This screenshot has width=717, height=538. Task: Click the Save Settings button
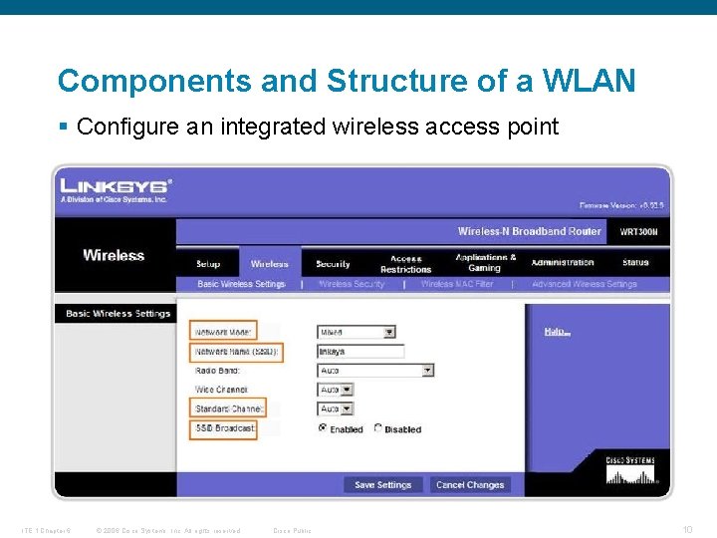[x=383, y=485]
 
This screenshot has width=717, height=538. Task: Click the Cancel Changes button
[x=470, y=485]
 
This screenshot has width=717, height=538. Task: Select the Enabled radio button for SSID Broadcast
[x=323, y=428]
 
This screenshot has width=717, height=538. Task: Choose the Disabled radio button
[x=378, y=428]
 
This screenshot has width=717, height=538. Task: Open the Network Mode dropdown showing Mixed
[x=357, y=332]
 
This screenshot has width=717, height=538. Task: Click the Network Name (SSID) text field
[x=360, y=352]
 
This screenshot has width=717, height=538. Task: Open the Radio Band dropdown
[x=375, y=370]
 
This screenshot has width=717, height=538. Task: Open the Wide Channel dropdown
[x=336, y=390]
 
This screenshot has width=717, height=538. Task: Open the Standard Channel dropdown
[x=336, y=408]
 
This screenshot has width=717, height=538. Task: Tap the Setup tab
[x=208, y=264]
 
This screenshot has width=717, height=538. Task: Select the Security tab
[x=333, y=264]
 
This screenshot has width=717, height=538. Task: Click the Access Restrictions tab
[x=405, y=264]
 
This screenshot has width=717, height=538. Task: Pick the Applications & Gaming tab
[x=485, y=263]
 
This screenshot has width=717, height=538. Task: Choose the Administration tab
[x=563, y=263]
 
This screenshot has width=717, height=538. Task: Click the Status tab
[x=635, y=263]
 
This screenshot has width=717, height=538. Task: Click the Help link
[x=557, y=332]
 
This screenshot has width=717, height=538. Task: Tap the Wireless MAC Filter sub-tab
[x=457, y=284]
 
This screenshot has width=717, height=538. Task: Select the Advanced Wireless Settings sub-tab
[x=585, y=284]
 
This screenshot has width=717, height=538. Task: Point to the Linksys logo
[x=116, y=186]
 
